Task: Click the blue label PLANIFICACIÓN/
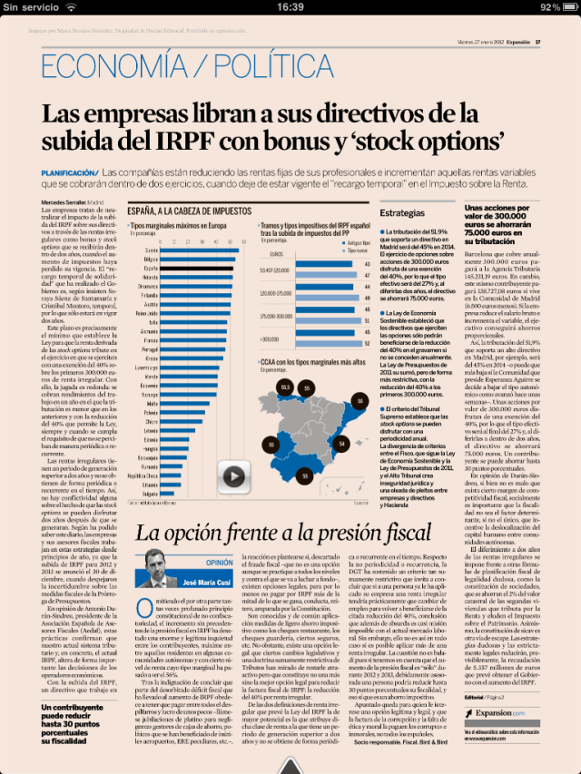pyautogui.click(x=69, y=172)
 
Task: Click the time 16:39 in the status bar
pyautogui.click(x=290, y=6)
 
